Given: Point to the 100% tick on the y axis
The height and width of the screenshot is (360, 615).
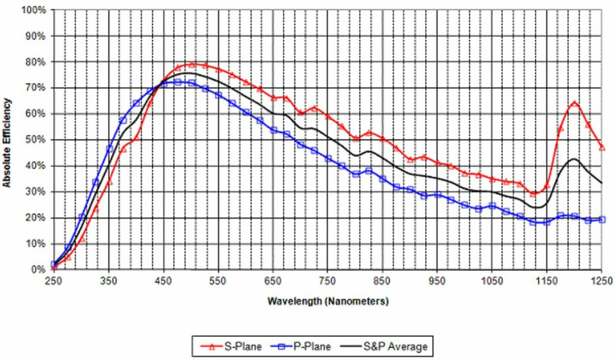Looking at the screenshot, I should [35, 11].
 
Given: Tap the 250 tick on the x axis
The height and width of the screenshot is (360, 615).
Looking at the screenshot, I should [53, 282].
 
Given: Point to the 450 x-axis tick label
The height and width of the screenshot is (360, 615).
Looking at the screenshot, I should [163, 282].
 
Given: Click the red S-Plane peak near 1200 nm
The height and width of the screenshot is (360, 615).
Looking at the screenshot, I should [574, 102].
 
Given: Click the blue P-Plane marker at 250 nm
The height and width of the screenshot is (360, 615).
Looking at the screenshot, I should [53, 265].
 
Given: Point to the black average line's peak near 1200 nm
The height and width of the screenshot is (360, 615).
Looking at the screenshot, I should [573, 158].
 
